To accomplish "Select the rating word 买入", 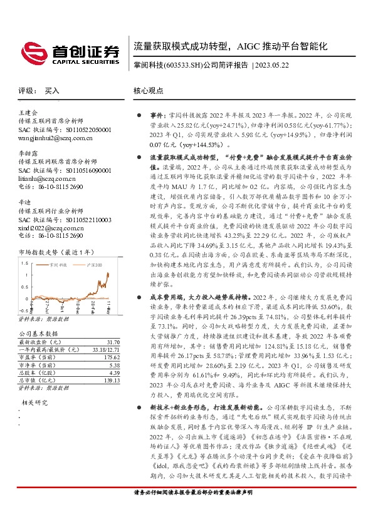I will click(52, 90).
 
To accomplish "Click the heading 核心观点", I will click(148, 90).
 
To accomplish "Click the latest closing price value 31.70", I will click(113, 342).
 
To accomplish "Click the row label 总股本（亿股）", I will click(39, 372).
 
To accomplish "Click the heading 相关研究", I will click(36, 402).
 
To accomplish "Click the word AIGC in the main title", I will click(252, 46).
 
